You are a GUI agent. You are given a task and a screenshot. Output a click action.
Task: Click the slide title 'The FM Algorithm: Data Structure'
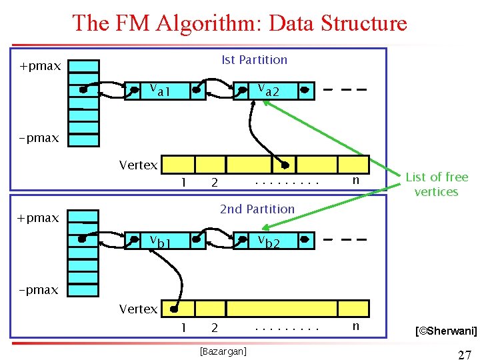tap(239, 23)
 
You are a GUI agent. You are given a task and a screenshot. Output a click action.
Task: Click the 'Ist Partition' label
tap(254, 60)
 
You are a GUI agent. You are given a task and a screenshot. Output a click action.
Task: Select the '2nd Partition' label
tap(257, 209)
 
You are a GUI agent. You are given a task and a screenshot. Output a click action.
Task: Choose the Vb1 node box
tap(166, 240)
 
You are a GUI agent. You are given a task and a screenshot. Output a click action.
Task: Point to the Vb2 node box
tap(273, 240)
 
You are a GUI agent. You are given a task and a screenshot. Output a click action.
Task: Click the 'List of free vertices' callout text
tap(437, 185)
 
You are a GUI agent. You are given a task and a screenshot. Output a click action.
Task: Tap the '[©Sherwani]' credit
tap(445, 330)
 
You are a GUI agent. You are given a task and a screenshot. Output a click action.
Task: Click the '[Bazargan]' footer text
tap(223, 351)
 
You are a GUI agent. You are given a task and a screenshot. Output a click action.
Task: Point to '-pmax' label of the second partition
tap(39, 290)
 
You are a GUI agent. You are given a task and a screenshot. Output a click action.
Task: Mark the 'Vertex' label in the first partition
tap(138, 165)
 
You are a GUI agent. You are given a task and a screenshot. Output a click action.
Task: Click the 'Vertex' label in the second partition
tap(138, 309)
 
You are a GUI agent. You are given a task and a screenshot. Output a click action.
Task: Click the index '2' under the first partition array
tap(214, 182)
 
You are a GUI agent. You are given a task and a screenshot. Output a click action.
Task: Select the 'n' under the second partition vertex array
tap(355, 326)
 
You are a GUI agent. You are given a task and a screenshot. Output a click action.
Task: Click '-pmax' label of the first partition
tap(39, 139)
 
